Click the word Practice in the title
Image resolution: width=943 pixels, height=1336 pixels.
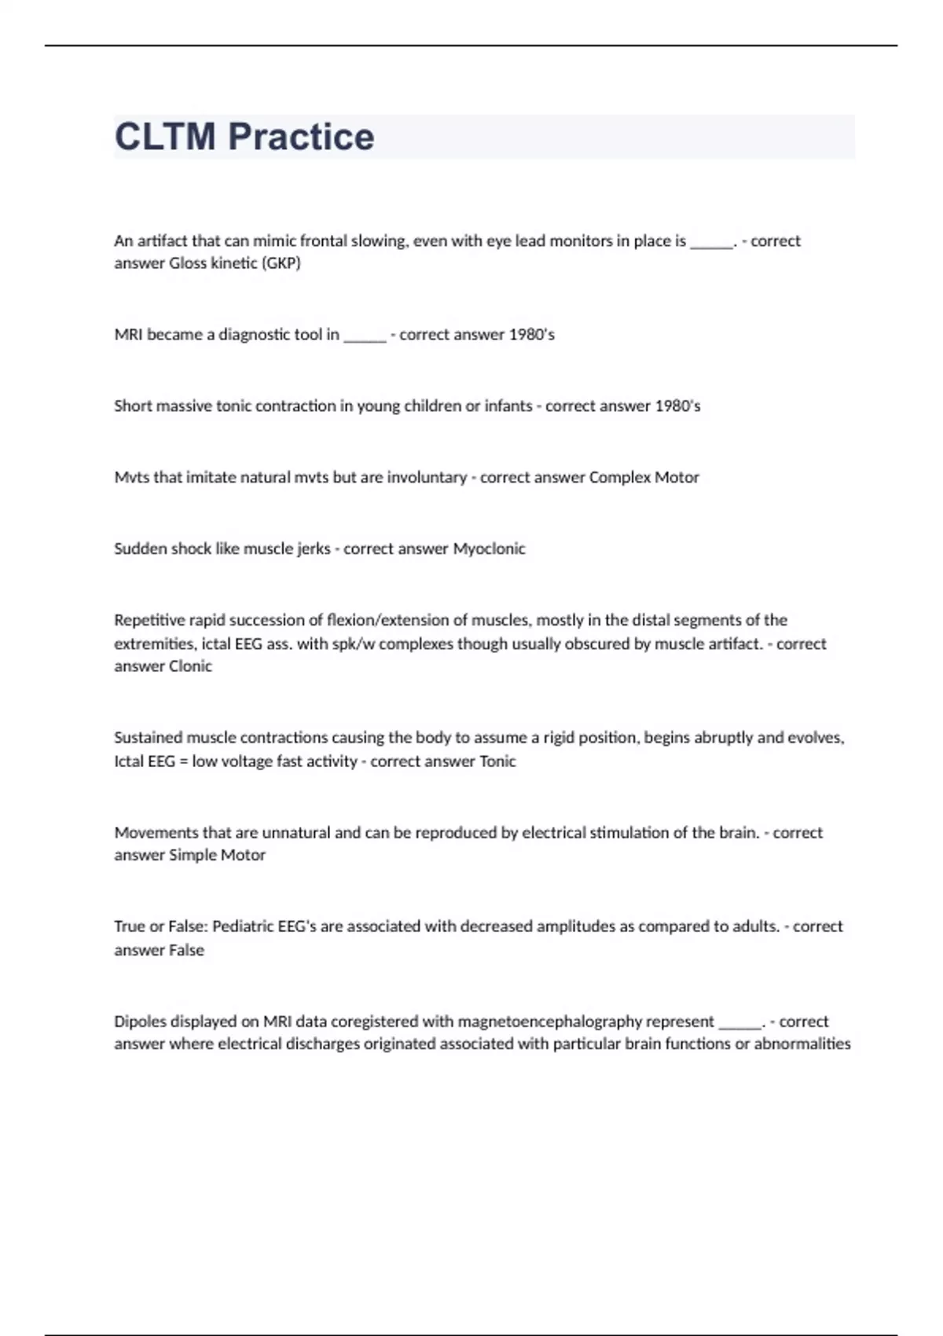click(301, 137)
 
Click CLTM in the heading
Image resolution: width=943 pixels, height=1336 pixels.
click(165, 137)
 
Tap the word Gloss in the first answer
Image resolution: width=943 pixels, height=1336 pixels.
click(188, 263)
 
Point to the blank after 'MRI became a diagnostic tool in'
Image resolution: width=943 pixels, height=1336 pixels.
click(365, 336)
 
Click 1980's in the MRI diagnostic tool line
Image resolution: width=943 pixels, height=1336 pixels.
click(531, 335)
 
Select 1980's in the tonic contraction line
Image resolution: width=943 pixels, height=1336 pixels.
click(677, 406)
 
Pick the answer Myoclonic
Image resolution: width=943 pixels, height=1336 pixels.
click(489, 549)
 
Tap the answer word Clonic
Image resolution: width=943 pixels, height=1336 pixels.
click(190, 666)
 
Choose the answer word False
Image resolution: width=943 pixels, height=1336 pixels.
click(186, 950)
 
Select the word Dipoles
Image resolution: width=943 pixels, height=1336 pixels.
click(141, 1022)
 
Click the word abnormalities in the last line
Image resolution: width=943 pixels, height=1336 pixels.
click(802, 1044)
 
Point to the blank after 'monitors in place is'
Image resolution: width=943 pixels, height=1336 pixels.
click(711, 241)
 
